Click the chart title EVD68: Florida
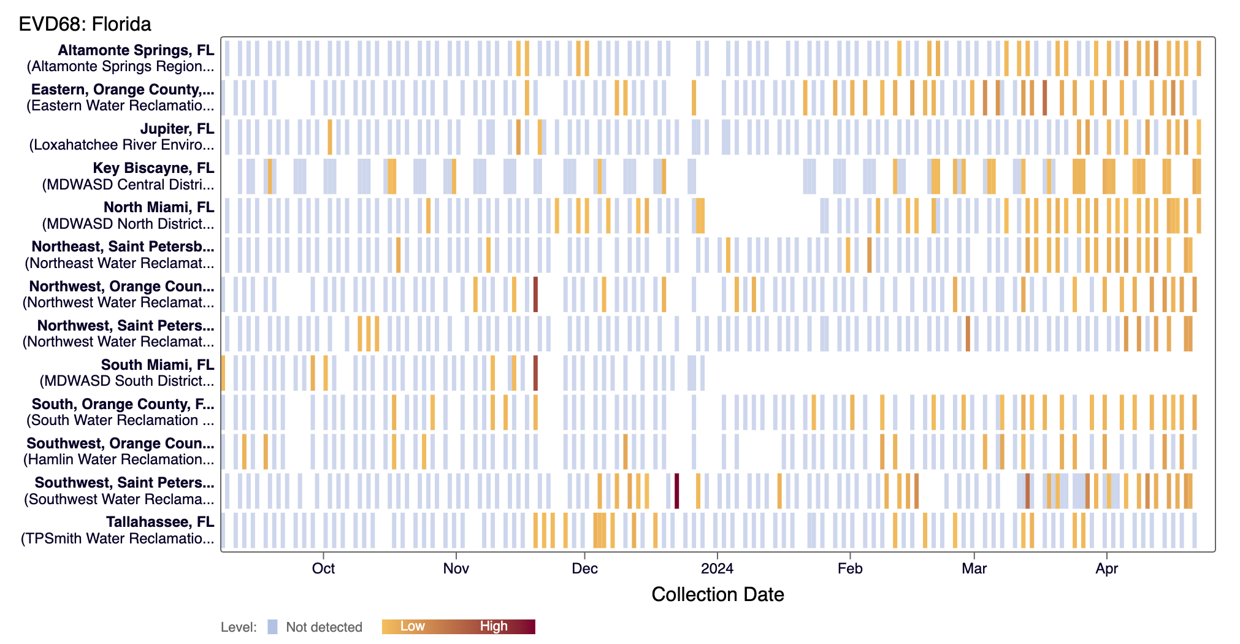[85, 24]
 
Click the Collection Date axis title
[718, 594]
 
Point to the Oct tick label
[323, 569]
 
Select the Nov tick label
[456, 569]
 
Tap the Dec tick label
[584, 569]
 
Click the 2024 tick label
[717, 569]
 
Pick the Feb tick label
[850, 569]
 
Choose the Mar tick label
[974, 569]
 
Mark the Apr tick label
[1106, 569]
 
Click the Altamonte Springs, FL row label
[136, 50]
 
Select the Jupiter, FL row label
[177, 129]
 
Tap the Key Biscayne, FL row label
[153, 168]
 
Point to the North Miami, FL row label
[158, 207]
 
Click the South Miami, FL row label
[157, 365]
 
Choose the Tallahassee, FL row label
[159, 522]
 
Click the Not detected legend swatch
[273, 627]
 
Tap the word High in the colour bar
[494, 626]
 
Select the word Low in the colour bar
[412, 626]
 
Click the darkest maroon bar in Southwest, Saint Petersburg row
[676, 491]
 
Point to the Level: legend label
[239, 627]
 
